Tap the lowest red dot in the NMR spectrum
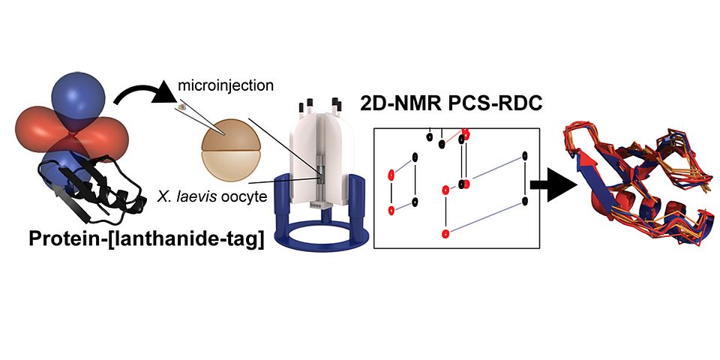click(x=446, y=233)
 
